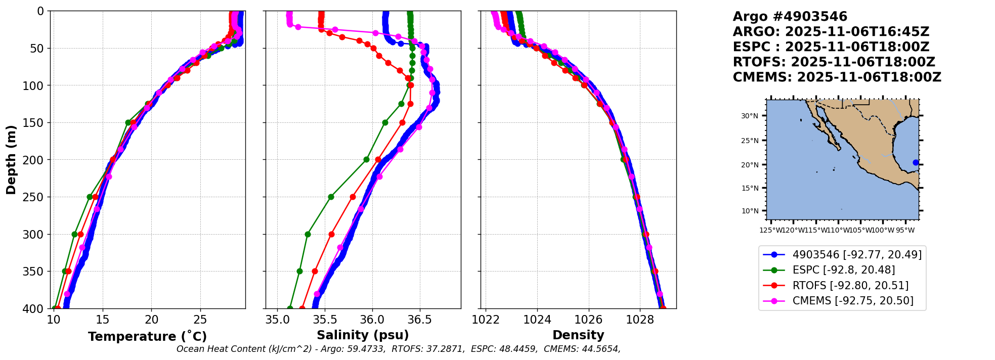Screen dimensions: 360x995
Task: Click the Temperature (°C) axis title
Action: pos(147,336)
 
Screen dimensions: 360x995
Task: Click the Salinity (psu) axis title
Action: pos(363,335)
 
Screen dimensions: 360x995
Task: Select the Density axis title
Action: pos(578,335)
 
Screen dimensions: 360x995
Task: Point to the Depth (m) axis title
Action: pos(11,160)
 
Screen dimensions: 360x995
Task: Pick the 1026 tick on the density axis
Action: pos(588,320)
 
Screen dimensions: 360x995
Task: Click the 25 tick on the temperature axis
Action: pos(200,320)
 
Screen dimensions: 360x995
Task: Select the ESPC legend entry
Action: pos(843,270)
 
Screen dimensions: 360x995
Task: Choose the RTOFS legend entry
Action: pos(850,286)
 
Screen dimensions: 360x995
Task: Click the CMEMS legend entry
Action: pos(852,301)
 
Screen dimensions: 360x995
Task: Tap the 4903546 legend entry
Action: pos(856,255)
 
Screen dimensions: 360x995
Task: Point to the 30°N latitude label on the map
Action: pos(749,116)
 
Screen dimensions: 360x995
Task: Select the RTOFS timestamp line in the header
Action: pos(834,62)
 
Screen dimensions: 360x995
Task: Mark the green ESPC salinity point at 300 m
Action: pos(308,234)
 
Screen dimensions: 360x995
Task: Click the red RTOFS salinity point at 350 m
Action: pos(315,271)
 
